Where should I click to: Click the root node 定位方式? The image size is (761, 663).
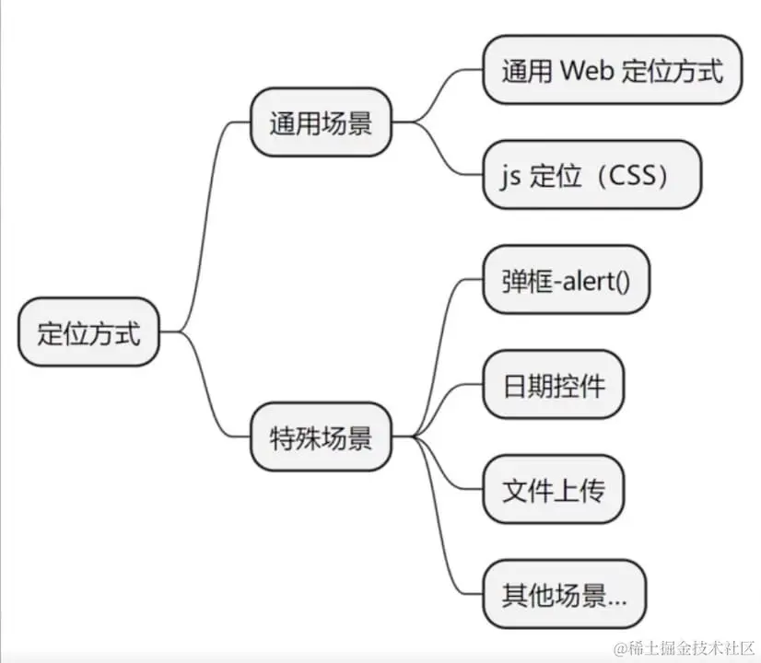[x=88, y=331]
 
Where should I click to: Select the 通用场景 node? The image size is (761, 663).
[x=321, y=122]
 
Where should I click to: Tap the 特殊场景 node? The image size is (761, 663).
[x=321, y=436]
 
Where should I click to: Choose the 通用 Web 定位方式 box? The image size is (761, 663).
[x=613, y=70]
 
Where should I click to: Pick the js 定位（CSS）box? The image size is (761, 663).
[x=592, y=175]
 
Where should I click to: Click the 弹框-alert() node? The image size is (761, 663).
[x=566, y=279]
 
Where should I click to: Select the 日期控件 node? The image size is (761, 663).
[x=554, y=384]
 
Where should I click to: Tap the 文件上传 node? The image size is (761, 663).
[x=554, y=489]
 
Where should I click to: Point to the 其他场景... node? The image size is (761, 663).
[x=565, y=594]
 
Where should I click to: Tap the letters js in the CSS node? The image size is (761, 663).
[x=511, y=177]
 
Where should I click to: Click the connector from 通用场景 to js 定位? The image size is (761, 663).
[x=437, y=148]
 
